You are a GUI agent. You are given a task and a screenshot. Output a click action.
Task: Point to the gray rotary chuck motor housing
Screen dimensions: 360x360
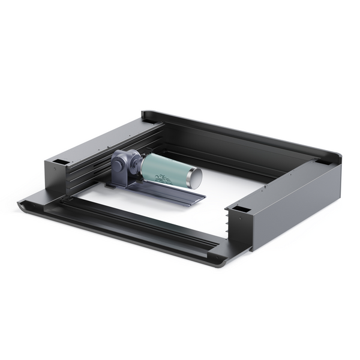[x=126, y=168]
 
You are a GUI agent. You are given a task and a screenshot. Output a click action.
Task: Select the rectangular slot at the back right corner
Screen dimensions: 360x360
[x=322, y=161]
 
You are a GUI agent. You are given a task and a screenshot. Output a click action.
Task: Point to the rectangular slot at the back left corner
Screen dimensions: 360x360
[x=148, y=122]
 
